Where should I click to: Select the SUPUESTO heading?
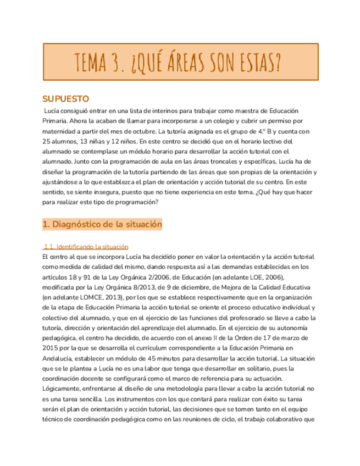pos(65,99)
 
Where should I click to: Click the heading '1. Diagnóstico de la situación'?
pos(102,224)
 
